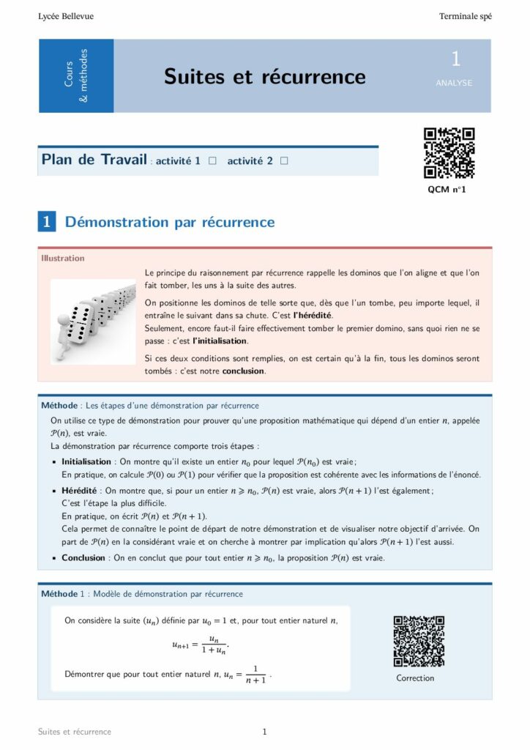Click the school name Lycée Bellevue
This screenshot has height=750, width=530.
(x=66, y=16)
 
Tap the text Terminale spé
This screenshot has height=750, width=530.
(x=465, y=16)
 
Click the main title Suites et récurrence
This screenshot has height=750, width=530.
(x=264, y=76)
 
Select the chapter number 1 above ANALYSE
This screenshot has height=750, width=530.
(x=455, y=59)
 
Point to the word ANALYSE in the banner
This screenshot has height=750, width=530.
(x=454, y=83)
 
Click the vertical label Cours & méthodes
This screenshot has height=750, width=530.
(x=76, y=75)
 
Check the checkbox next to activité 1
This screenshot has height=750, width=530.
(x=212, y=160)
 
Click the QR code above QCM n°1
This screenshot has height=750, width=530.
(x=449, y=153)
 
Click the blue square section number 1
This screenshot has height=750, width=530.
(x=47, y=222)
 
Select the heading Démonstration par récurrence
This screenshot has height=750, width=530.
(x=170, y=222)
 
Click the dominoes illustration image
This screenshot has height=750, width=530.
(x=93, y=320)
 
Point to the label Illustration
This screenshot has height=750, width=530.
(x=63, y=258)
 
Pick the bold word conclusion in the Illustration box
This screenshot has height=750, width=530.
(x=243, y=371)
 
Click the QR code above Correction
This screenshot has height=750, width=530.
(x=419, y=641)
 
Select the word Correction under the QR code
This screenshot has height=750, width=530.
(x=415, y=678)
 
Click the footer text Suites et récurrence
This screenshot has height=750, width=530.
(x=75, y=732)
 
